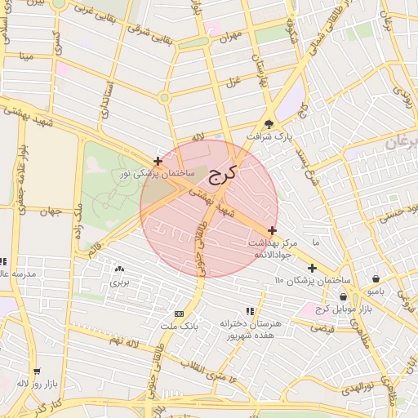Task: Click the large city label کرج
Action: [221, 173]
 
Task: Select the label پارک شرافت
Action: [270, 137]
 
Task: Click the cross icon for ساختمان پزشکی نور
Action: [158, 161]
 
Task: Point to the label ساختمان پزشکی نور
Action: [158, 174]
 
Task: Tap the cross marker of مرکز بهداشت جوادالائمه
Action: [272, 231]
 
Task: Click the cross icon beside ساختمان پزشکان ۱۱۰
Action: [312, 268]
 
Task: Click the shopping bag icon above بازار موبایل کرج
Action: [343, 297]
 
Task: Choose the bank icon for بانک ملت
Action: [179, 313]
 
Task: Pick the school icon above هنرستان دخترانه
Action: [250, 311]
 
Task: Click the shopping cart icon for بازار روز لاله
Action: [37, 371]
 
